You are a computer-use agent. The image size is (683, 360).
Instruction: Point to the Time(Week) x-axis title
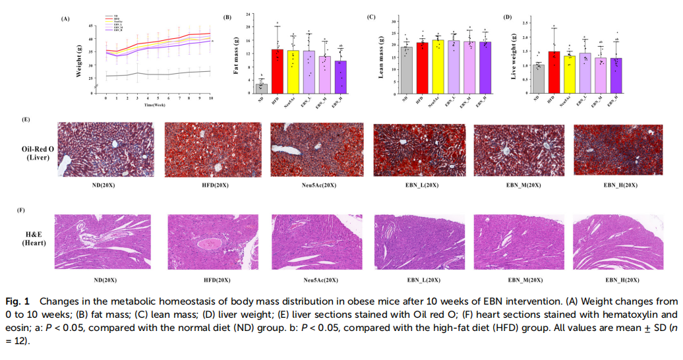click(156, 104)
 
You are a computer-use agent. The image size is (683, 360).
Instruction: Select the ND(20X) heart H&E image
click(103, 241)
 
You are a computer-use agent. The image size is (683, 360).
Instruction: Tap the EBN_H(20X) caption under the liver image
click(620, 185)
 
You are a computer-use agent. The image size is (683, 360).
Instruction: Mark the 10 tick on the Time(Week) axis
click(211, 98)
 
